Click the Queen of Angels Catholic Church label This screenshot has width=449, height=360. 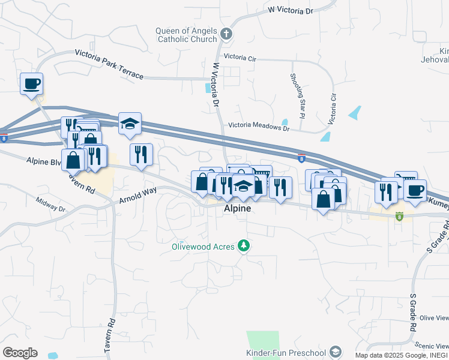tap(185, 35)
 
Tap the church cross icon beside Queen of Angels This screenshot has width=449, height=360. tap(226, 35)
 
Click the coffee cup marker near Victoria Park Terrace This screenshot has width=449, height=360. tap(31, 83)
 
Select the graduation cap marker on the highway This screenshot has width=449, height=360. tap(130, 123)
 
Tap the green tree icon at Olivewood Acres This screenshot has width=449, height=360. tap(243, 245)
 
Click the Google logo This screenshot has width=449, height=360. tap(20, 353)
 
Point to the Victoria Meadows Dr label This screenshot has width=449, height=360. tap(259, 127)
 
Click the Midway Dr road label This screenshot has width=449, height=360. tap(50, 205)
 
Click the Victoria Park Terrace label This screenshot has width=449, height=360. tap(109, 64)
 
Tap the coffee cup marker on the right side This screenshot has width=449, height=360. tap(415, 190)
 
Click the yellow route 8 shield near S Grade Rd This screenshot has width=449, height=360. tap(399, 216)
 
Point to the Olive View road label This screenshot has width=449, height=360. tap(434, 317)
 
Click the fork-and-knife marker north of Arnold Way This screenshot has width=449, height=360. tap(142, 154)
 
